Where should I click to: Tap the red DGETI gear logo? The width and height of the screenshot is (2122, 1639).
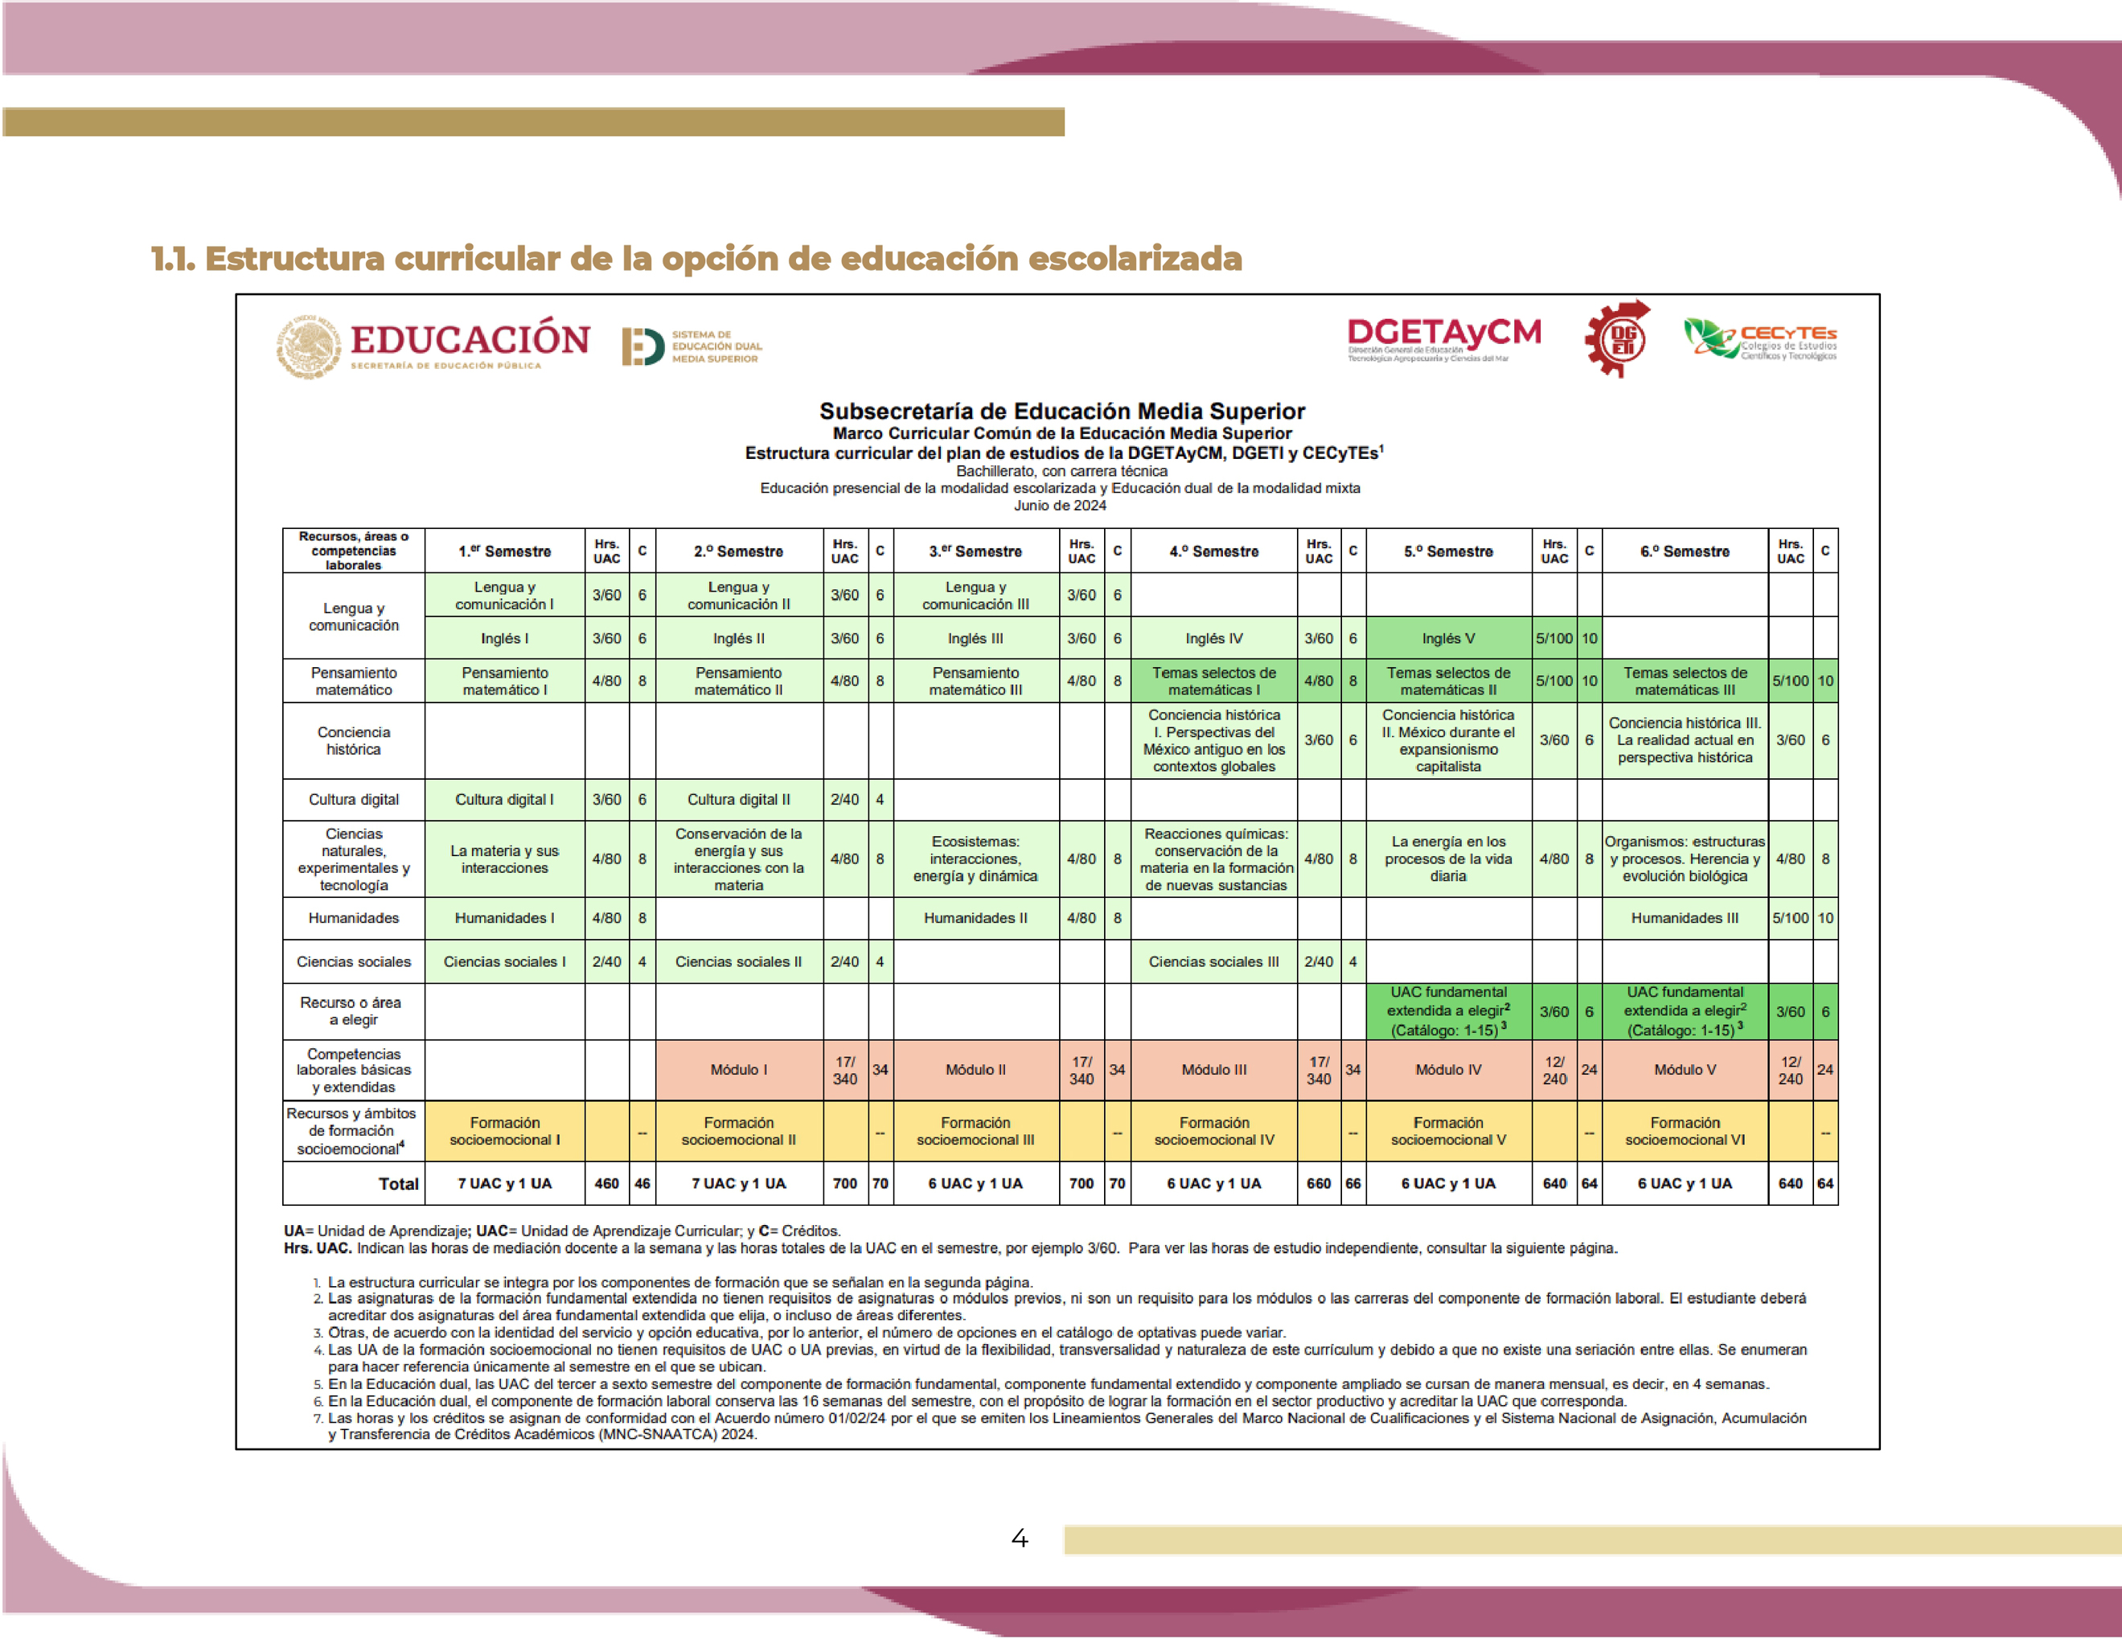(x=1618, y=339)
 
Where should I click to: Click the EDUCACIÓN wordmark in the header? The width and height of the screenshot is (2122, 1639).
(x=470, y=340)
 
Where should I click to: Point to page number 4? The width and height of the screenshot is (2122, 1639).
(x=1020, y=1538)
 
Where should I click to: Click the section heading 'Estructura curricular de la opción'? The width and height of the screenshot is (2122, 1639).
(x=696, y=260)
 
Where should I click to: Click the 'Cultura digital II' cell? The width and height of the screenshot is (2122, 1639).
(x=738, y=800)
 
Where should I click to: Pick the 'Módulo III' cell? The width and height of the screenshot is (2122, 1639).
(x=1213, y=1070)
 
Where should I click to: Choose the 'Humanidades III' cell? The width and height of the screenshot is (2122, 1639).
(x=1684, y=918)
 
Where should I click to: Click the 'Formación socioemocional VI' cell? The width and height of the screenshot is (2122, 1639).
(x=1684, y=1131)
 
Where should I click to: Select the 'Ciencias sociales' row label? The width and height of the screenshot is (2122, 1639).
(x=354, y=962)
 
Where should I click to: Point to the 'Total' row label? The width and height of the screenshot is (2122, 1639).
(x=398, y=1183)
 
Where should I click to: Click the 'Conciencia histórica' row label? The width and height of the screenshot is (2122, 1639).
(x=354, y=740)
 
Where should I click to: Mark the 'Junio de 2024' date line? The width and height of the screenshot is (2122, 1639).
(x=1060, y=506)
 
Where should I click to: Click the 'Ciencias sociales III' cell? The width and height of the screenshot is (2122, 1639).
(x=1213, y=962)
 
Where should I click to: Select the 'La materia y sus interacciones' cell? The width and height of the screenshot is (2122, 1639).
(x=504, y=858)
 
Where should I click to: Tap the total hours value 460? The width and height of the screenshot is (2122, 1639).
(x=606, y=1183)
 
